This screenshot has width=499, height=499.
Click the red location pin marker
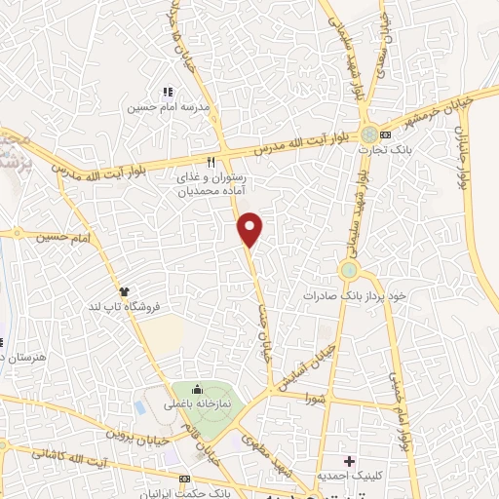click(x=251, y=229)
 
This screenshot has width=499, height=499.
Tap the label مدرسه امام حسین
click(x=162, y=106)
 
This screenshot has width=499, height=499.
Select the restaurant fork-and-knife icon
click(x=211, y=162)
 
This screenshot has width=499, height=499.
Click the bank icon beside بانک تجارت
click(x=387, y=134)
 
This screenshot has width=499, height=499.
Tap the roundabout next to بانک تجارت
click(x=368, y=134)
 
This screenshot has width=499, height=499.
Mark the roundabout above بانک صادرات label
click(x=348, y=268)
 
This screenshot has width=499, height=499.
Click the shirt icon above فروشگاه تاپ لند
click(x=124, y=289)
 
